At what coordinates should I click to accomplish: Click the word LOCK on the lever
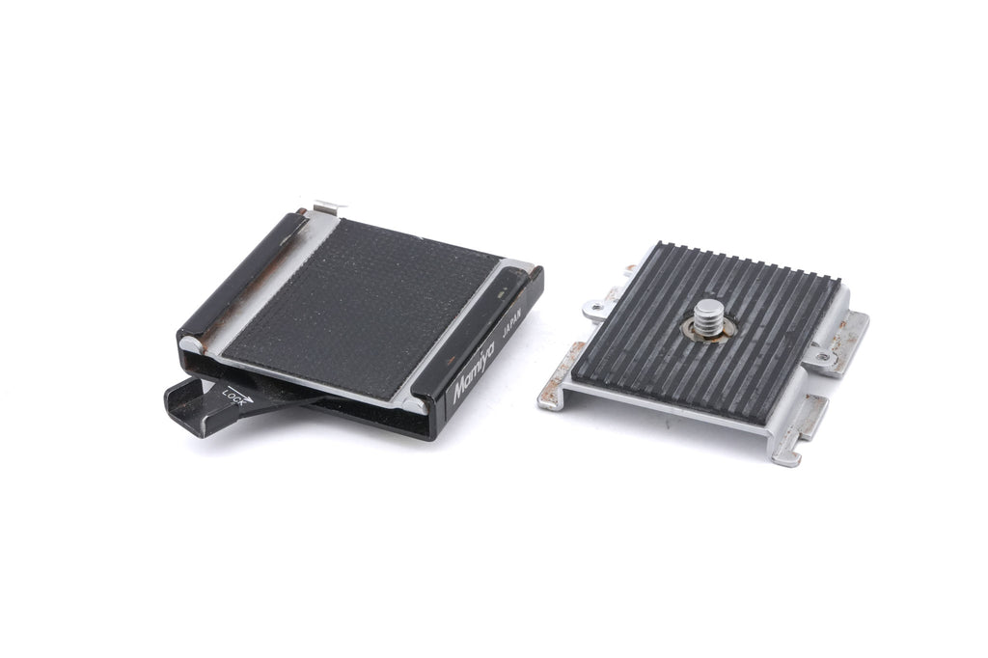click(233, 399)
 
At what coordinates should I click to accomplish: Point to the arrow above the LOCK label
click(240, 392)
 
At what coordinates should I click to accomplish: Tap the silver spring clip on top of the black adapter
click(331, 206)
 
